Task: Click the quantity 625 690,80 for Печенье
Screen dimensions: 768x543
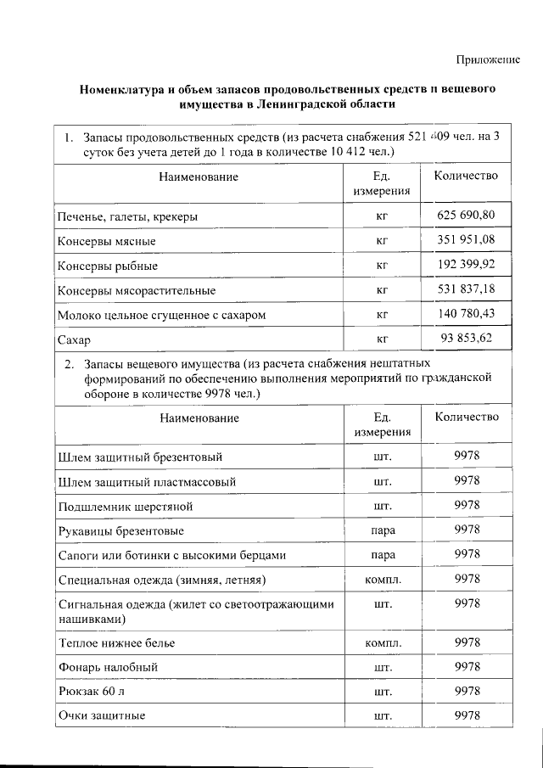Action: [466, 216]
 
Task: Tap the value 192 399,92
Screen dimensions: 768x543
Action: [466, 265]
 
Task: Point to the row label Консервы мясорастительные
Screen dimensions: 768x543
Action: [136, 290]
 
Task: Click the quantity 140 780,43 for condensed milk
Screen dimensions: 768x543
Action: [466, 314]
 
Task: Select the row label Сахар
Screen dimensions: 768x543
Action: [74, 339]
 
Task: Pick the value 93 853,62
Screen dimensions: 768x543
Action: [466, 339]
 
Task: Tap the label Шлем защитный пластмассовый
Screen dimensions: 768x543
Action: [147, 481]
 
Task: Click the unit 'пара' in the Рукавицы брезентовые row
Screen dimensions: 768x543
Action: [382, 530]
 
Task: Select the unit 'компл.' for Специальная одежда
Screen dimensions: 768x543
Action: [382, 580]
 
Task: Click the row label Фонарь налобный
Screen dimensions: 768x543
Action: [107, 667]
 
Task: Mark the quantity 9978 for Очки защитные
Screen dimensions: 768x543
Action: [467, 715]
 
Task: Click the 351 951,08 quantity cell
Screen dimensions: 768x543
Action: [466, 240]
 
